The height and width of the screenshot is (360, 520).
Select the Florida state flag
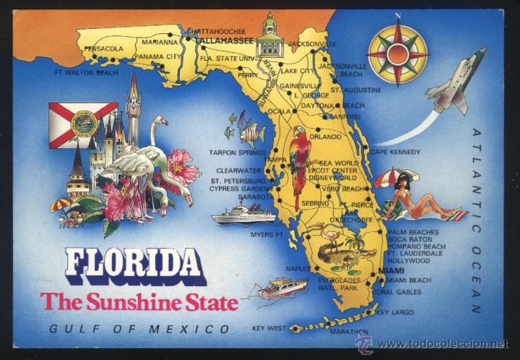82,121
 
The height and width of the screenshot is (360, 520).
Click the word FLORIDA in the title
134,267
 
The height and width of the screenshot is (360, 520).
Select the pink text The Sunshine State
139,301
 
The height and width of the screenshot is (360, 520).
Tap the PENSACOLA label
104,49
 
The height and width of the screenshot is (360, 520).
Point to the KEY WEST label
269,328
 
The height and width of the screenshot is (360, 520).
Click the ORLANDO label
324,137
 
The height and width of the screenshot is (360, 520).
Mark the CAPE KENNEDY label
395,152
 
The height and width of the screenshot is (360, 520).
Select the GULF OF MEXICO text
139,329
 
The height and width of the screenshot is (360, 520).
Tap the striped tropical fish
251,134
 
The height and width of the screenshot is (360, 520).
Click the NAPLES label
298,268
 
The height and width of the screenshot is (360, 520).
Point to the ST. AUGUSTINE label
356,90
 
